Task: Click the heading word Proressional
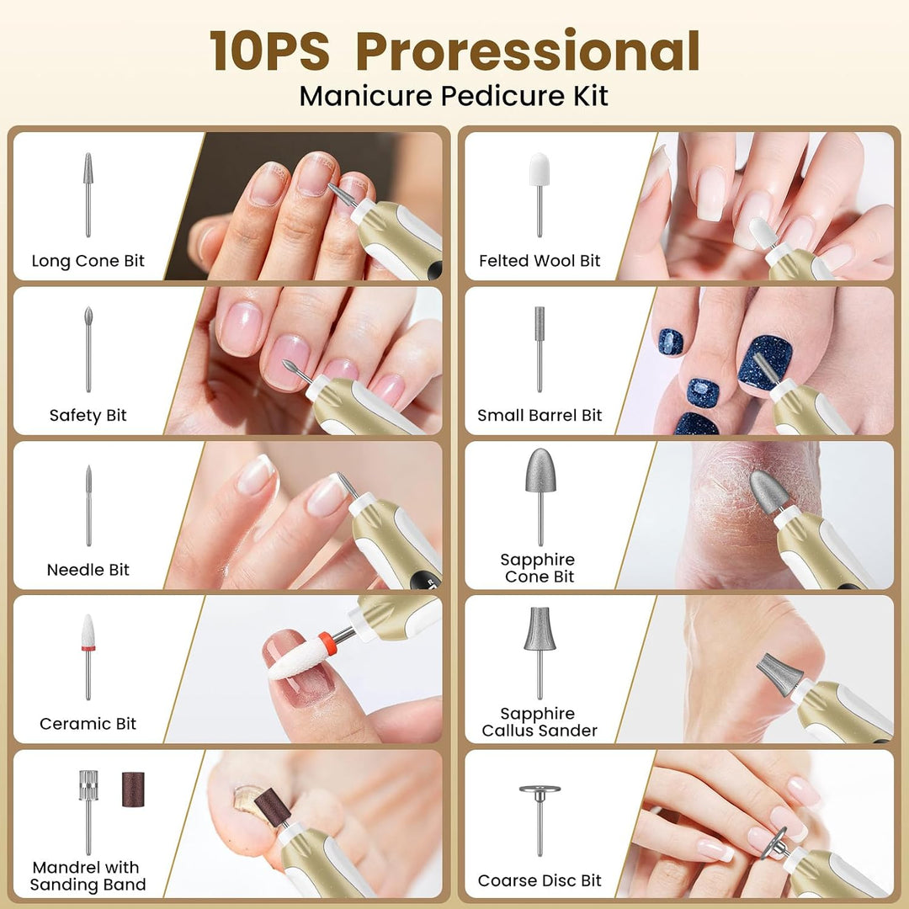pos(528,51)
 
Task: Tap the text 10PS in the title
pos(269,51)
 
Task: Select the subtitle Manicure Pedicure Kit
pos(454,96)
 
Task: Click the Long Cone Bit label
pos(88,261)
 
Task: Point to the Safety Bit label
pos(88,415)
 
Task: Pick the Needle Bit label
pos(88,570)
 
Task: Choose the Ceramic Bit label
pos(88,724)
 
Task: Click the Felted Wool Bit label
pos(540,261)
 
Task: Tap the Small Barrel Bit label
pos(540,415)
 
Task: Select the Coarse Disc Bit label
pos(540,880)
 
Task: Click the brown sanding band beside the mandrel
pos(133,789)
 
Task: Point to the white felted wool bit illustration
pos(540,170)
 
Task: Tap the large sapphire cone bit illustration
pos(541,470)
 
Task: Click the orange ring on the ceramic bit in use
pos(327,644)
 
